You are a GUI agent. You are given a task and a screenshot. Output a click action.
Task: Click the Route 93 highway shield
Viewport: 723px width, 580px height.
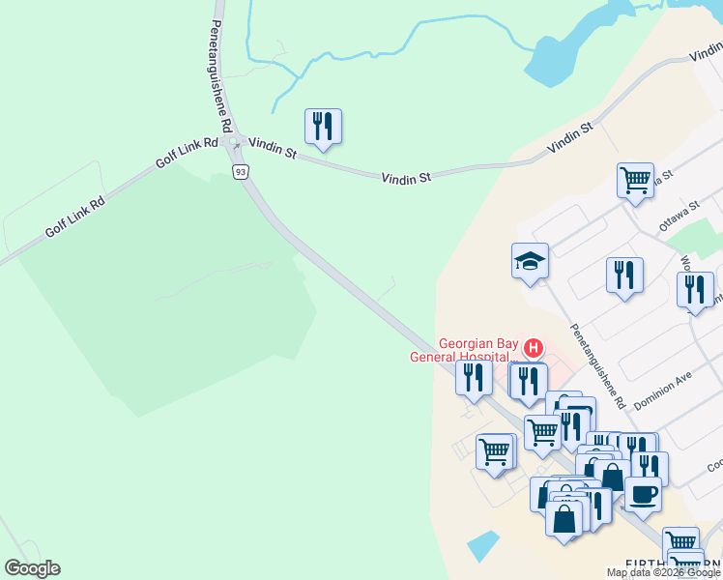[x=240, y=171]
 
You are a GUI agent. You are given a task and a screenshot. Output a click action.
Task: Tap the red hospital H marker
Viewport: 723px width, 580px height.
[x=532, y=348]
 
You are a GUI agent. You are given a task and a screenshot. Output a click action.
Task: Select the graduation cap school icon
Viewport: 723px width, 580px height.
[x=530, y=260]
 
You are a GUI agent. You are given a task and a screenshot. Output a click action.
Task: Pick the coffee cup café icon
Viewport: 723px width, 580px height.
[x=643, y=494]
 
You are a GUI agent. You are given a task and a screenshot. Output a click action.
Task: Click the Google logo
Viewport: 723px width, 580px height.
[x=32, y=567]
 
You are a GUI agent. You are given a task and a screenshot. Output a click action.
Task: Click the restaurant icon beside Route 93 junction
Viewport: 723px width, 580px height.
[x=323, y=126]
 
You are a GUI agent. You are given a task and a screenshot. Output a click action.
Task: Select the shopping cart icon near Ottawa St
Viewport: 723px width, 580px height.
[x=635, y=180]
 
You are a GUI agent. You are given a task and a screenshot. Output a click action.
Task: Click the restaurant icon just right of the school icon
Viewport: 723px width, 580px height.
[x=624, y=275]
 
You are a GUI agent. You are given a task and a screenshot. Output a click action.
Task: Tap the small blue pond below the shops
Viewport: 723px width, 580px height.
[x=483, y=545]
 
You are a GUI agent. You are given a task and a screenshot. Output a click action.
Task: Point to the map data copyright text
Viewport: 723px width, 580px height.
[x=664, y=572]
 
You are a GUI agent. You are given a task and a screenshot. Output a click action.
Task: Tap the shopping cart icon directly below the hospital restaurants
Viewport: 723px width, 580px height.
[x=542, y=432]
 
